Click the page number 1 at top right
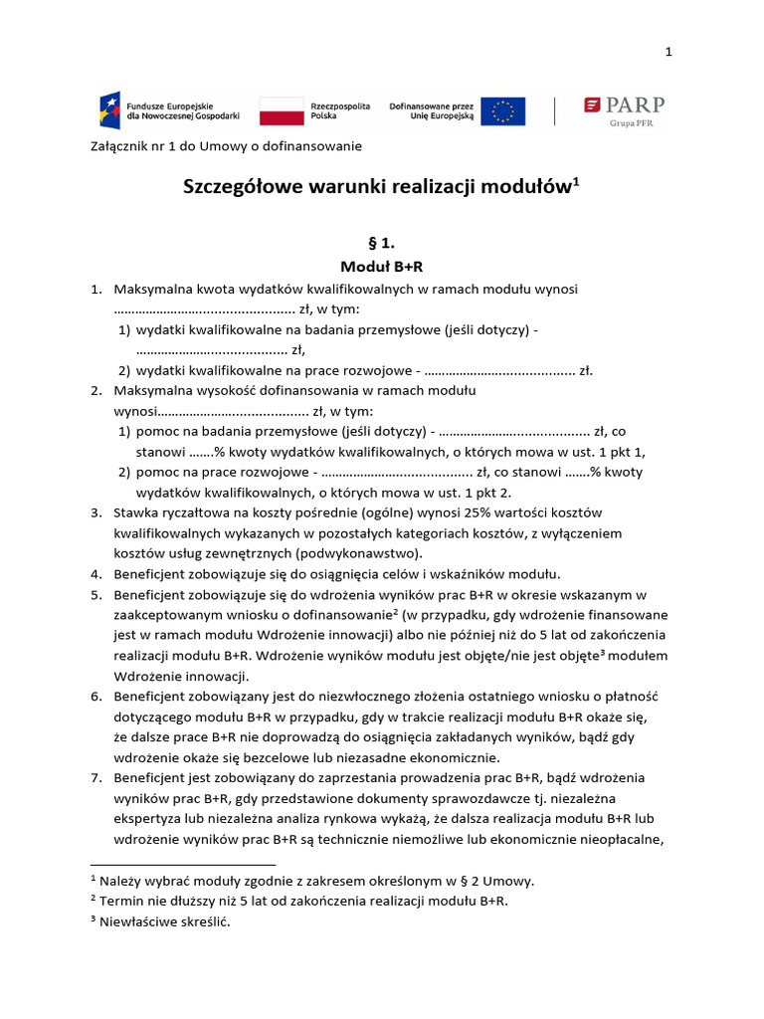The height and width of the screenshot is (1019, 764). [669, 52]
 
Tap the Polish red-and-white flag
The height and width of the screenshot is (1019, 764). [281, 110]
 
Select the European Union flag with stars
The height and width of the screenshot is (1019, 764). [502, 110]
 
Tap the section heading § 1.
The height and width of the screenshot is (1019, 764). [382, 242]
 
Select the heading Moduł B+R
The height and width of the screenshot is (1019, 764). [382, 267]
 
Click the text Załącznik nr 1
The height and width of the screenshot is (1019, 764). [131, 146]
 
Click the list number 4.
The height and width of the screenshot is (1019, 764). [96, 574]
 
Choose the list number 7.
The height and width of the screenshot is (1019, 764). [96, 777]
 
